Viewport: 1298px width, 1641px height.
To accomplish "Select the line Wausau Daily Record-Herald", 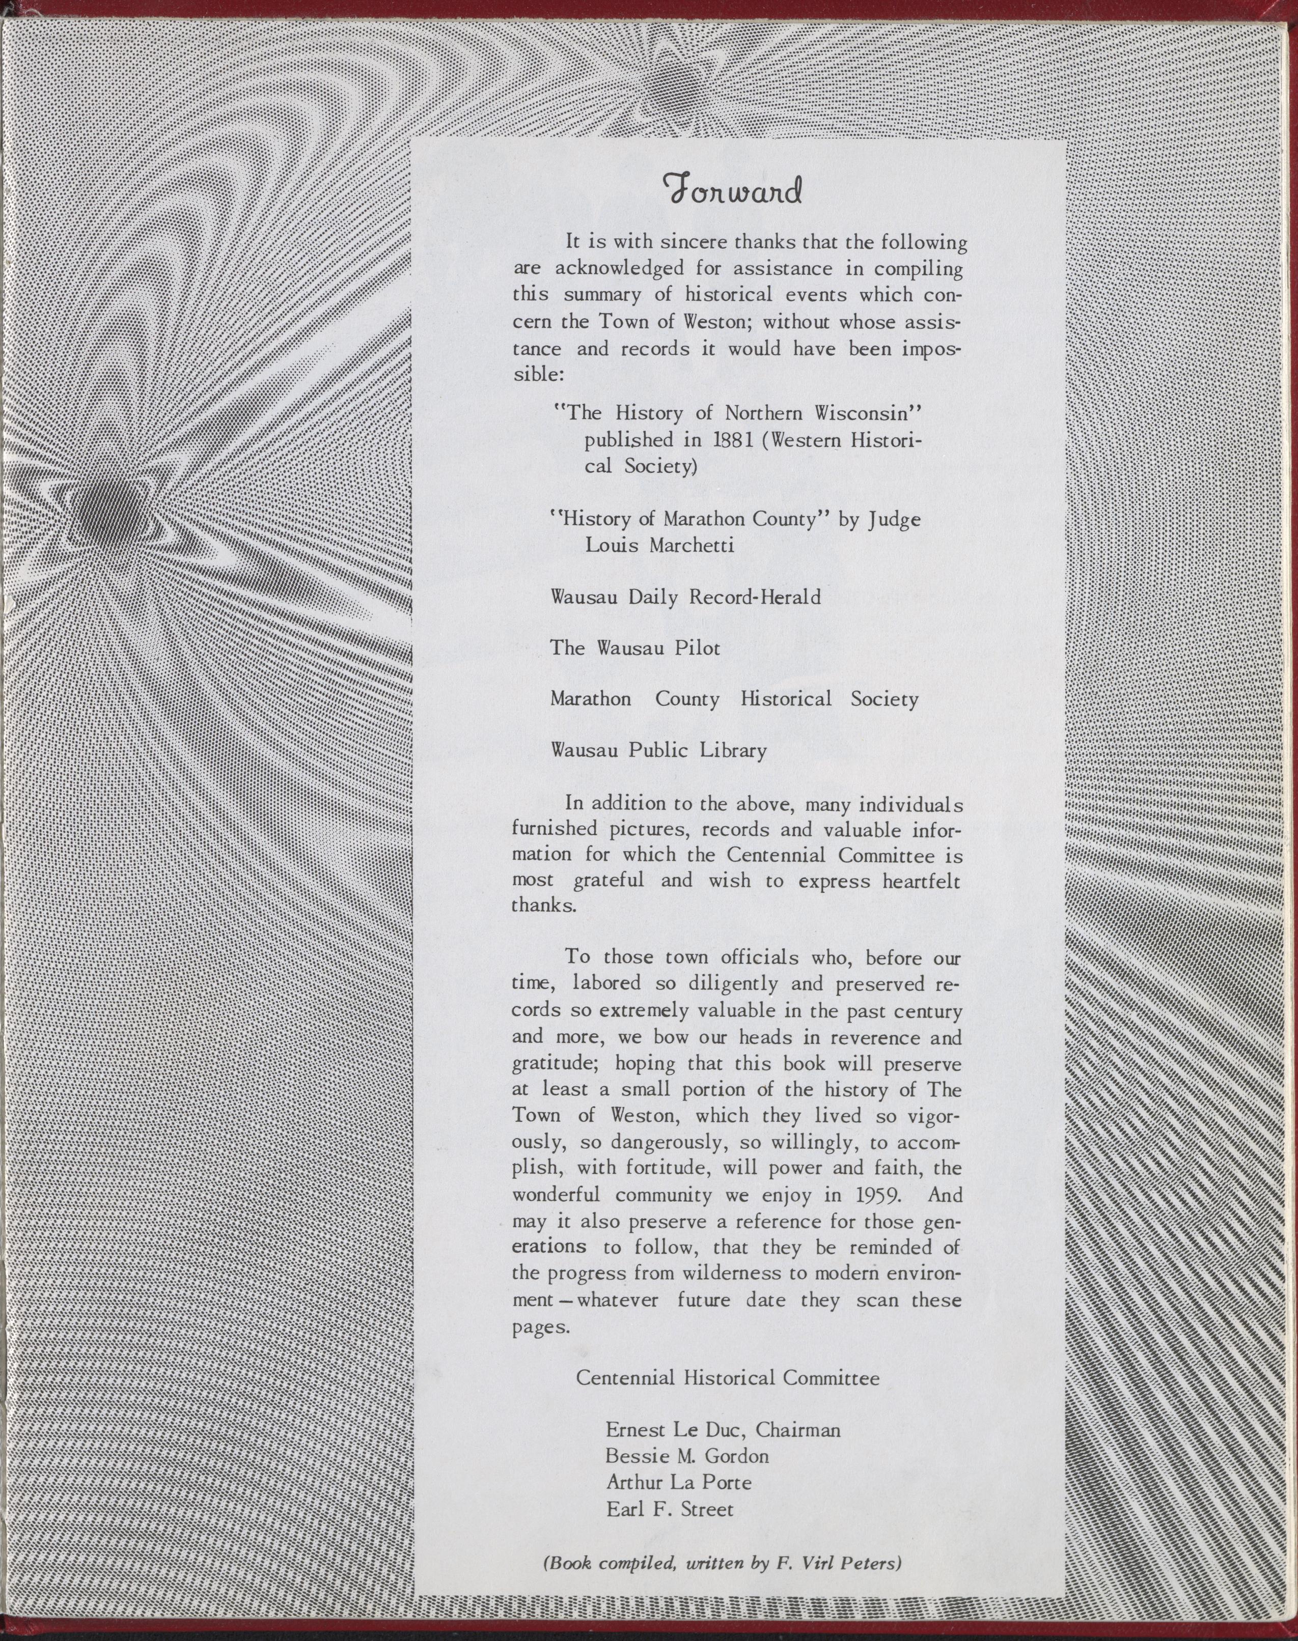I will [x=685, y=597].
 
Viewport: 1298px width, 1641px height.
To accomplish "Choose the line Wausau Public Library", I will [x=658, y=751].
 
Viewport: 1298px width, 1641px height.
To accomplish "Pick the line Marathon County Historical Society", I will [x=734, y=699].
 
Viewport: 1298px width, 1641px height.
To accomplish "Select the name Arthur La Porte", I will [x=679, y=1482].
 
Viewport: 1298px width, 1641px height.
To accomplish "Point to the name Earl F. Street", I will [x=670, y=1509].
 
